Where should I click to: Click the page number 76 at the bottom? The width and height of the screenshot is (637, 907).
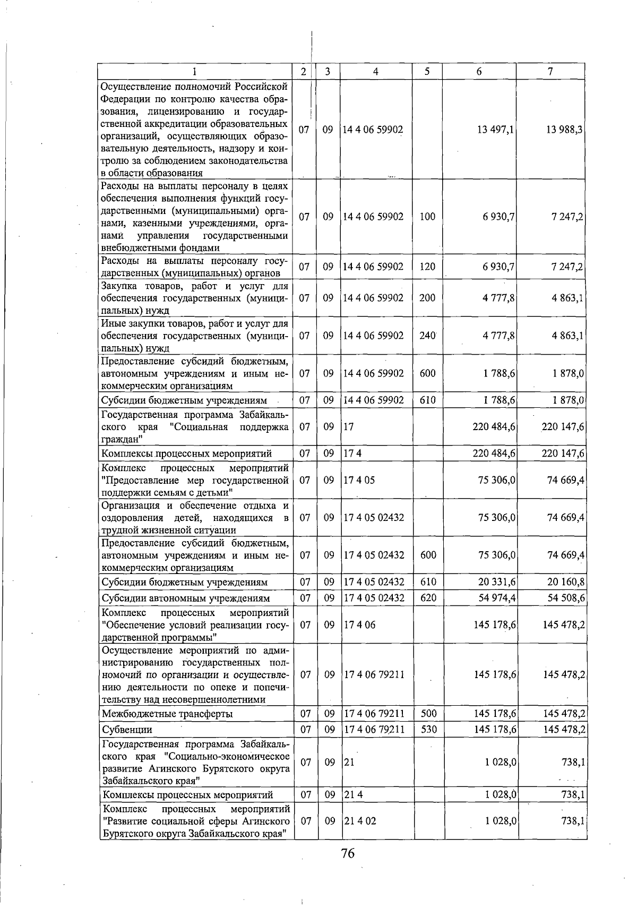coord(348,854)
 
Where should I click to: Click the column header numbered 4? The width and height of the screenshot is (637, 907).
coord(375,72)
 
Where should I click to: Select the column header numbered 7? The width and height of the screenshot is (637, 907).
coord(550,72)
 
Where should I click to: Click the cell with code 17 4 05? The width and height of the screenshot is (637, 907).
coord(359,480)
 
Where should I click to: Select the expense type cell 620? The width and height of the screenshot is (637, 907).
coord(428,598)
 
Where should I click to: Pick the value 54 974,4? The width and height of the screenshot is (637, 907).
coord(497,598)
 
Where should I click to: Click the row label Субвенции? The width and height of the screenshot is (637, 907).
coord(127,730)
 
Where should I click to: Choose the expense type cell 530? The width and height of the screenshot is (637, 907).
coord(428,730)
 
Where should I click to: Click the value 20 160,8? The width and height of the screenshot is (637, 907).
coord(566,582)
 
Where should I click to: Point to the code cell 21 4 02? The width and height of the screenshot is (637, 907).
coord(360,821)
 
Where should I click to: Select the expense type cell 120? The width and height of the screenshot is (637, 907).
coord(427,267)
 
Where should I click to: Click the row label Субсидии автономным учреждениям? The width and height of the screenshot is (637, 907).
coord(186,598)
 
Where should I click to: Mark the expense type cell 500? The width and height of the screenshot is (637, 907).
coord(428,714)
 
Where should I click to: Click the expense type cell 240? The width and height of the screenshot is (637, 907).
coord(427,336)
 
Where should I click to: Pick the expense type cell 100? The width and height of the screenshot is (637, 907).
coord(427,217)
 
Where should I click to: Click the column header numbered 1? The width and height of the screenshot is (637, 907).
coord(195,72)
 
